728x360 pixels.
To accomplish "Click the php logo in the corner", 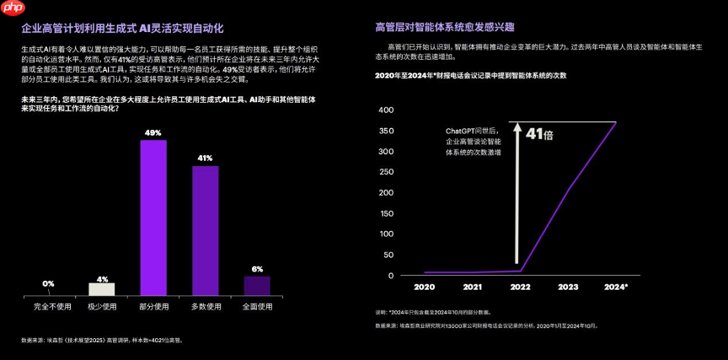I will pyautogui.click(x=12, y=8).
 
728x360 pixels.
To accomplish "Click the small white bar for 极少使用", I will pyautogui.click(x=102, y=288).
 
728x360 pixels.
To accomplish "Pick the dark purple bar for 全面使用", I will pyautogui.click(x=257, y=286).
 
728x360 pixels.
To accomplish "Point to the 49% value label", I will pyautogui.click(x=153, y=133).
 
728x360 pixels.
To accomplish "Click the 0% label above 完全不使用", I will pyautogui.click(x=48, y=283).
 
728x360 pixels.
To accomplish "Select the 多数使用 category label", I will pyautogui.click(x=206, y=306).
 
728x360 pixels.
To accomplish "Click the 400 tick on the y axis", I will pyautogui.click(x=386, y=110).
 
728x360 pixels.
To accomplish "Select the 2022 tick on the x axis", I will pyautogui.click(x=520, y=287).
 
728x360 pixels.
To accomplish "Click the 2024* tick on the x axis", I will pyautogui.click(x=616, y=287).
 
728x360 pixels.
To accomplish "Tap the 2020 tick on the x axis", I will pyautogui.click(x=424, y=287).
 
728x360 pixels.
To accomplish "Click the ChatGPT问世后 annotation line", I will pyautogui.click(x=473, y=131).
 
